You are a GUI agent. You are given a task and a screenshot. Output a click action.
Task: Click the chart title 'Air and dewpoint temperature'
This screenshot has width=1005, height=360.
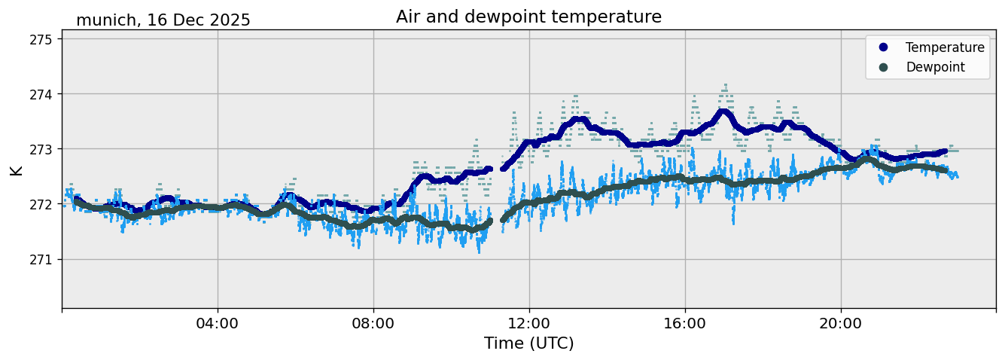coord(528,17)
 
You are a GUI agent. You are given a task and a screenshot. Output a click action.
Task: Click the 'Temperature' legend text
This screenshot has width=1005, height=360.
coord(945,47)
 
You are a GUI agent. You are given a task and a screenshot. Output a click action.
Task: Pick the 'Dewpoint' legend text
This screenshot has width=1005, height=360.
coord(935,67)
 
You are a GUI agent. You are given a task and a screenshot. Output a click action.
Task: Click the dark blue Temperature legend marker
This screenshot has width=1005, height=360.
coord(884,47)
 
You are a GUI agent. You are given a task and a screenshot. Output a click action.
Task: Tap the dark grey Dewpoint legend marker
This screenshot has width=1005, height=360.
coord(884,67)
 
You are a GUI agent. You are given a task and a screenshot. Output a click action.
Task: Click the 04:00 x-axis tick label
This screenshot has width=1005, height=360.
coord(218,324)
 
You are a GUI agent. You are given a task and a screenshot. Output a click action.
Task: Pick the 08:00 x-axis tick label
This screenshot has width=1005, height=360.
coord(373,324)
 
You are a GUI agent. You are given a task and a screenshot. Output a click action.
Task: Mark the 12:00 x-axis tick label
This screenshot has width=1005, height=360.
coord(529,324)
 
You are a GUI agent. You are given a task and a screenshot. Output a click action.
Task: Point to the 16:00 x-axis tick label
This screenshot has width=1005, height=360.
coord(685,324)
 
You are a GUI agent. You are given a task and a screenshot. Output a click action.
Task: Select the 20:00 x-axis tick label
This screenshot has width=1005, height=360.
coord(841,324)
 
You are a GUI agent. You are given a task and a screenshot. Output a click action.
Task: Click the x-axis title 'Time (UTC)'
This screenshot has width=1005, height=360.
coord(528,343)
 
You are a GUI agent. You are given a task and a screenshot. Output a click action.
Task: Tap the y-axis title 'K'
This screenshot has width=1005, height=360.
coord(16,170)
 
